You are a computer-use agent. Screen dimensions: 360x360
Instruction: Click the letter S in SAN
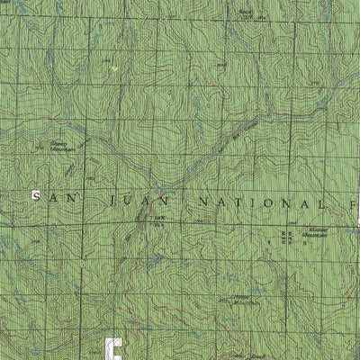[x=36, y=195]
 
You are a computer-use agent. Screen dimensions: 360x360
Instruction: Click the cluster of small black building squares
[x=288, y=236]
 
